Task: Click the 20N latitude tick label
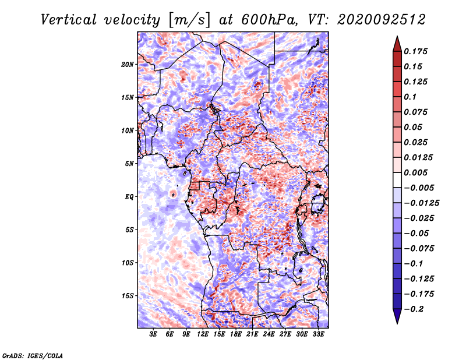point(128,65)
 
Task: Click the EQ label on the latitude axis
point(129,197)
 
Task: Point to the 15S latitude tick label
point(128,296)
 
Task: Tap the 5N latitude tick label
point(129,164)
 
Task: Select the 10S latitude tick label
point(128,263)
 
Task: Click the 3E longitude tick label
point(153,334)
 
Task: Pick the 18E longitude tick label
point(236,334)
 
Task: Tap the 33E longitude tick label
point(318,334)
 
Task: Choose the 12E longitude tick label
point(203,334)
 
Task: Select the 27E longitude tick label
point(285,334)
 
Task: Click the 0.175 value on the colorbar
point(415,51)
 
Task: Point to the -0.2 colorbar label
point(414,309)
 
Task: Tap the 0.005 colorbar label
point(415,172)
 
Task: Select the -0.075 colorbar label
point(419,249)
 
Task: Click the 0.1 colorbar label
point(410,97)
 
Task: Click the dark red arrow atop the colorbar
point(397,45)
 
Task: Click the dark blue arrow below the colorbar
point(397,315)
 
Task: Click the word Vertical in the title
point(69,20)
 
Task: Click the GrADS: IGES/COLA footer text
point(33,355)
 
